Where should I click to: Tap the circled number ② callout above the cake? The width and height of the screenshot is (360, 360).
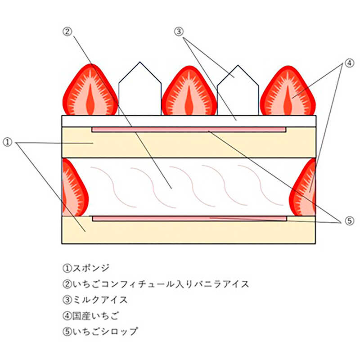67,31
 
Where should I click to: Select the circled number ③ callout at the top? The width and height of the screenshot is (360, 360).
179,31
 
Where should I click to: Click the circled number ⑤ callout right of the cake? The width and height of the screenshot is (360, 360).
350,221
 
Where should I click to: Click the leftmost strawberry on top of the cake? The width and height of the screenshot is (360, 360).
90,91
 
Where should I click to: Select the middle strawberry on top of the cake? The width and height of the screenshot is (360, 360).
189,91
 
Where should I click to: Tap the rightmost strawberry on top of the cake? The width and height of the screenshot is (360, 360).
288,91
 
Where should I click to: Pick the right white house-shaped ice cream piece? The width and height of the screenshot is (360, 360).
238,92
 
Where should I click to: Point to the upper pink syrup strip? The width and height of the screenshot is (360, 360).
189,130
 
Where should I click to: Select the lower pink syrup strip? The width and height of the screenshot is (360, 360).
189,219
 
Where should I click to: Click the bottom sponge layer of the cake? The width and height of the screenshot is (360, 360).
189,232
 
